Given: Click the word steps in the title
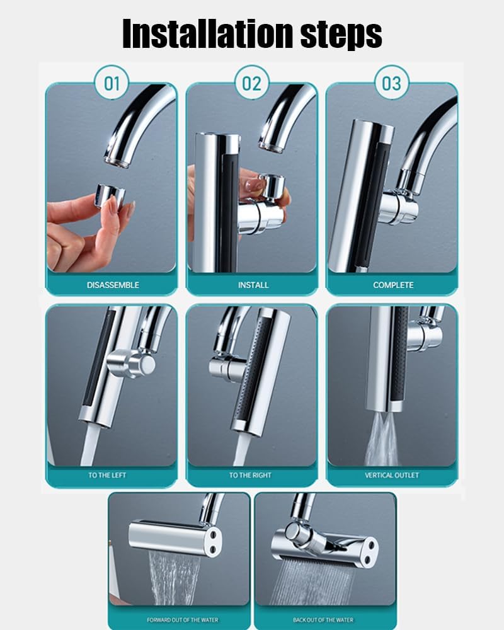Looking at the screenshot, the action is [x=341, y=35].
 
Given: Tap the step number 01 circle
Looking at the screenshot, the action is [x=112, y=84].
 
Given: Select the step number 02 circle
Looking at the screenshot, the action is [x=251, y=84].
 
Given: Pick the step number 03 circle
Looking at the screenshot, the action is [x=391, y=84].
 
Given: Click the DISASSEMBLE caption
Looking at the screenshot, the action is [x=113, y=285].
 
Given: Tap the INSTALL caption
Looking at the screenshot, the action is [x=253, y=285].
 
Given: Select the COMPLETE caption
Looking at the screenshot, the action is [x=393, y=285].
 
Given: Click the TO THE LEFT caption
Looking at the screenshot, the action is [x=107, y=475].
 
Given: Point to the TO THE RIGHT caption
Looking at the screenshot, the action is [x=250, y=475].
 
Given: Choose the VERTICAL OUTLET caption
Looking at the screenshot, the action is [x=392, y=475].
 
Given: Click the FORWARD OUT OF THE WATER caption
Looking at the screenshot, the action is [x=183, y=619].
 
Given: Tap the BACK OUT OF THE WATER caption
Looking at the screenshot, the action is [x=323, y=619].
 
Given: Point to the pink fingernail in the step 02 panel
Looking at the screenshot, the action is [x=255, y=185].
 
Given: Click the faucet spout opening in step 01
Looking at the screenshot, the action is [x=117, y=162].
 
